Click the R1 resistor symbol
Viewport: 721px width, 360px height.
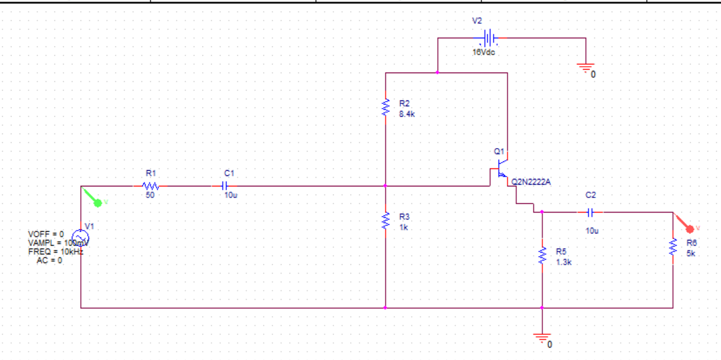(x=151, y=186)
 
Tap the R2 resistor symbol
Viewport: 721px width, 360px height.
(x=385, y=107)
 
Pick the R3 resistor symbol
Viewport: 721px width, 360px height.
(x=385, y=221)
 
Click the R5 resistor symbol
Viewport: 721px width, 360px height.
(x=542, y=255)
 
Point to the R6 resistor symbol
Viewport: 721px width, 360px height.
(x=673, y=247)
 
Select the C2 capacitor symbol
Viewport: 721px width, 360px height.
(x=590, y=213)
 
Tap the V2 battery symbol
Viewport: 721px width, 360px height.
(x=490, y=38)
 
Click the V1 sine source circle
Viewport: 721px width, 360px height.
(x=81, y=237)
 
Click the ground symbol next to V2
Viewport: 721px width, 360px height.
(x=586, y=67)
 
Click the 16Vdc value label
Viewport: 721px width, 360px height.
(x=484, y=52)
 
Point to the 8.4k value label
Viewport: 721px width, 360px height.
(x=407, y=114)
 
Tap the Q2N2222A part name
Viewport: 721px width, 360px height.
(x=531, y=182)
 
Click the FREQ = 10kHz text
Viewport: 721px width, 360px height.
(x=55, y=252)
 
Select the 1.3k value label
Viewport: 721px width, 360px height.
(x=564, y=262)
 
